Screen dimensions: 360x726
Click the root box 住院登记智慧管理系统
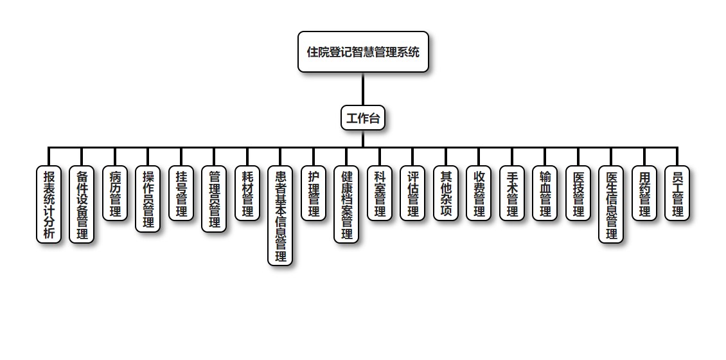tap(363, 52)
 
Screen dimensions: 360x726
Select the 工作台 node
tap(363, 118)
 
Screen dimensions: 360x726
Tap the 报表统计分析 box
tap(49, 204)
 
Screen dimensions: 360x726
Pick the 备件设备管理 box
tap(82, 204)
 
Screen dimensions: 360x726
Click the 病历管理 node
tap(115, 194)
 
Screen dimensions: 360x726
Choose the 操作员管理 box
tap(148, 199)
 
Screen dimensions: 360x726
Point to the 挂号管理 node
tap(181, 194)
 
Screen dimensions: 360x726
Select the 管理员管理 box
tap(214, 199)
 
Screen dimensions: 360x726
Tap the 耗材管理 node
tap(247, 194)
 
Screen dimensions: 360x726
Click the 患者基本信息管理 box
tap(280, 215)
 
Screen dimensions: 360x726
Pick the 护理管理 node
tap(314, 194)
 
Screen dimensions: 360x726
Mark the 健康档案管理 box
tap(346, 204)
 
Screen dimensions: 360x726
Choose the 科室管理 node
tap(380, 194)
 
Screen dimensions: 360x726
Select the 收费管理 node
tap(479, 194)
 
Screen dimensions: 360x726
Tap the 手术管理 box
tap(512, 194)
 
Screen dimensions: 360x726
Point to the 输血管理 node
tap(545, 194)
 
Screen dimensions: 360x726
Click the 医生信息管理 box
tap(611, 204)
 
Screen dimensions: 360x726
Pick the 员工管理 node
tap(677, 194)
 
